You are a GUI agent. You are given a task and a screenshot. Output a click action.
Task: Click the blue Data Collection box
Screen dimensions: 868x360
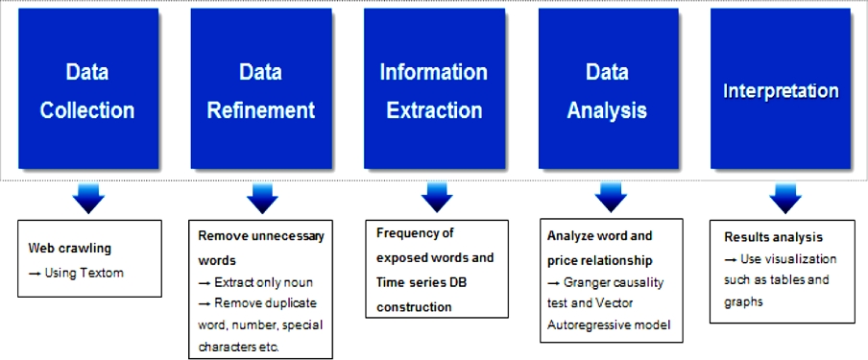click(88, 88)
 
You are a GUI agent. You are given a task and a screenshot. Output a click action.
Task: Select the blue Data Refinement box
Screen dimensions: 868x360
click(261, 88)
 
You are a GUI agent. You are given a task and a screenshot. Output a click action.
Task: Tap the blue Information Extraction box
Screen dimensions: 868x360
click(434, 88)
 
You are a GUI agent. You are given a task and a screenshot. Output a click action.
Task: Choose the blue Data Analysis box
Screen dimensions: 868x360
click(608, 88)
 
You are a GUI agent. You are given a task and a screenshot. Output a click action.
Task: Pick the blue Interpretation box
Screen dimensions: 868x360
click(781, 88)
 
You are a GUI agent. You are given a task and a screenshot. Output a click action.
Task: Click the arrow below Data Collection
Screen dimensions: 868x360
click(88, 199)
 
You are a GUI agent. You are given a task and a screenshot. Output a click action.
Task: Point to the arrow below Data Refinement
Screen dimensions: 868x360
click(262, 199)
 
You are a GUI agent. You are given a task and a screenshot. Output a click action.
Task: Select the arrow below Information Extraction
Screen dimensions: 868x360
click(437, 199)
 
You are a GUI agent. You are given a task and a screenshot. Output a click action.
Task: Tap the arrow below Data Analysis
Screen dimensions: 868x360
click(611, 199)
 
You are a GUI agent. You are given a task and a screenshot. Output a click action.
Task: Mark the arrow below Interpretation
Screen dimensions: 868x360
click(785, 199)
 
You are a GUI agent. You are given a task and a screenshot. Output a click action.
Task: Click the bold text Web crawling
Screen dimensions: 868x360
click(70, 248)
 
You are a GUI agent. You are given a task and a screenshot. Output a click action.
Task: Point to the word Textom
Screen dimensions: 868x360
click(103, 273)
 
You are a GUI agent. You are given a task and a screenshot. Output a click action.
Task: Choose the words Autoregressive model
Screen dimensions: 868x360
click(609, 324)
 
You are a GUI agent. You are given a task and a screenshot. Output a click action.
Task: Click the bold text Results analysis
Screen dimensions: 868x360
click(773, 237)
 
